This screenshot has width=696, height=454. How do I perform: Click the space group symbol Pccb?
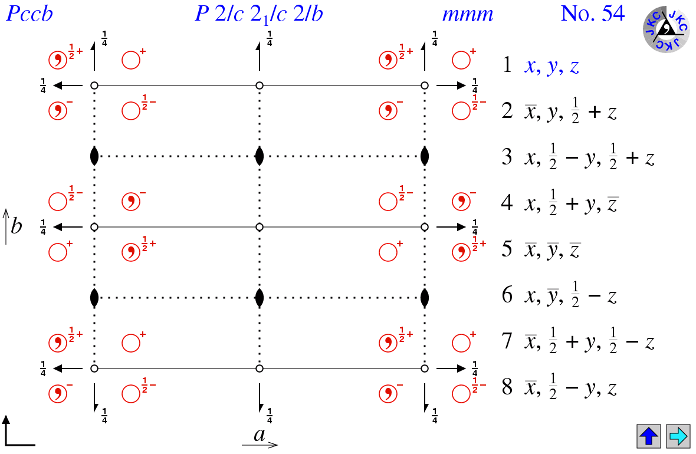tap(29, 14)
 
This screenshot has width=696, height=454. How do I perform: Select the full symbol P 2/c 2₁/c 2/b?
tap(259, 14)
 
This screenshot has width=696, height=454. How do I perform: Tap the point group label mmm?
tap(468, 15)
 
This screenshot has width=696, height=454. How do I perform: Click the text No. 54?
tap(593, 14)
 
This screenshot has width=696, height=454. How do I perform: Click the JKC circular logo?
tap(667, 29)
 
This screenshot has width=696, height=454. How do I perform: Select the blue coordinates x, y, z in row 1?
tap(552, 67)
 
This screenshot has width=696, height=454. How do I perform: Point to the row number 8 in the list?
tap(507, 387)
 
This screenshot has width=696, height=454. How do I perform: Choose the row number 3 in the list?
tap(507, 157)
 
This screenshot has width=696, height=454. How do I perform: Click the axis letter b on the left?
tap(17, 226)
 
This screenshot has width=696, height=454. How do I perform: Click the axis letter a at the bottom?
tap(260, 434)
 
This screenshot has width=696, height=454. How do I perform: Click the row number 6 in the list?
tap(507, 295)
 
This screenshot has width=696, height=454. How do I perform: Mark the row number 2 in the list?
tap(507, 110)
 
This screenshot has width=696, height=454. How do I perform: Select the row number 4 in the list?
tap(507, 202)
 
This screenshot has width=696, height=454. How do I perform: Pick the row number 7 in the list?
tap(507, 341)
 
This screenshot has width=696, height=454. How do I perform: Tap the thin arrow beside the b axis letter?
tap(6, 226)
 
